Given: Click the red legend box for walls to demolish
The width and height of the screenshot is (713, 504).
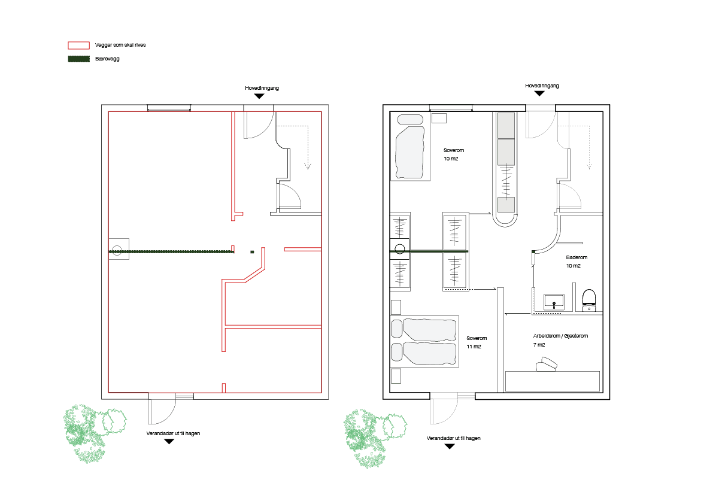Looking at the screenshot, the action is (x=78, y=45).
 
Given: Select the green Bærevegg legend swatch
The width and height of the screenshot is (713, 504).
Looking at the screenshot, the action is (x=78, y=59).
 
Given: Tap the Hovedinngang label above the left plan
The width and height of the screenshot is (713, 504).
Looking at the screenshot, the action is (x=262, y=88).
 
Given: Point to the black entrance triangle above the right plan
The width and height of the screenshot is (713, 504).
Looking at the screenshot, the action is (x=539, y=93).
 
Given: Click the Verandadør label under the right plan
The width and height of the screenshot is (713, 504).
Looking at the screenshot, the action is (x=453, y=438).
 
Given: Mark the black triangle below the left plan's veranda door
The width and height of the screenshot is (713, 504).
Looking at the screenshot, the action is (x=169, y=442).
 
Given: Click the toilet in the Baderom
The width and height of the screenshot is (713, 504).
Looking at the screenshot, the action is (x=589, y=299).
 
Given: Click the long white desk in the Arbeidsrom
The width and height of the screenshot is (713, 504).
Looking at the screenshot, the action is (x=552, y=381).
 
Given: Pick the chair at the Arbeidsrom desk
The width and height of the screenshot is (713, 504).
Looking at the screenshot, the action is (x=547, y=365).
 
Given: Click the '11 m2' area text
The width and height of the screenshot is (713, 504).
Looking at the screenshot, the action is (x=474, y=347).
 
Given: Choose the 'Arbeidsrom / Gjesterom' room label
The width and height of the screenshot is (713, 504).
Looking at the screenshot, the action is (x=560, y=336).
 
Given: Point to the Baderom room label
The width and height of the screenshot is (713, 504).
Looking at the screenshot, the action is (x=577, y=257).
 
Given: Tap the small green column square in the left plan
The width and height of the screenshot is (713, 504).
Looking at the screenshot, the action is (x=252, y=251).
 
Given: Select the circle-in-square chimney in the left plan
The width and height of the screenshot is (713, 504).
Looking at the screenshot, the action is (x=119, y=249).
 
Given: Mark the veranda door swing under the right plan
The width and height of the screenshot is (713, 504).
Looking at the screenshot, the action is (x=442, y=411).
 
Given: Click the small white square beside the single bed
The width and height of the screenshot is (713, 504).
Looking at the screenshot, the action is (x=439, y=118).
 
